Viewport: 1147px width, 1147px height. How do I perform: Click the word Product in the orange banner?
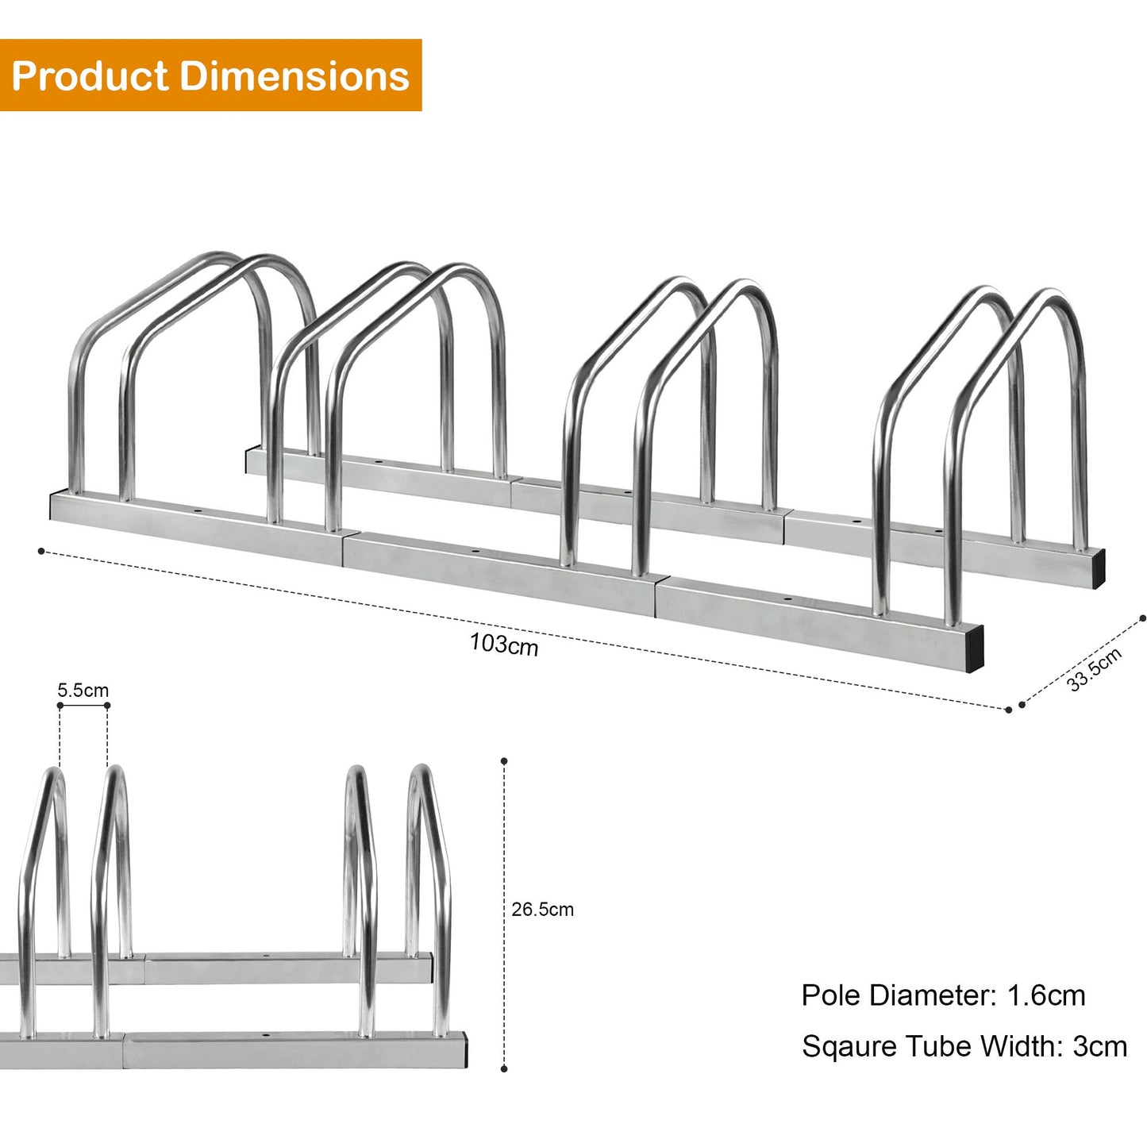point(90,76)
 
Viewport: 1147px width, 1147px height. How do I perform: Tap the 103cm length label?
point(503,644)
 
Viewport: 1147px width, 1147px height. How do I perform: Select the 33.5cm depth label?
point(1094,669)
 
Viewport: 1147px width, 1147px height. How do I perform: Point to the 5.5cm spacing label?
point(83,690)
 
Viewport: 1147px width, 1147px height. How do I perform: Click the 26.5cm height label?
point(542,910)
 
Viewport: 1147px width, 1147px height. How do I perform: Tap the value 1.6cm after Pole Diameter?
point(1046,995)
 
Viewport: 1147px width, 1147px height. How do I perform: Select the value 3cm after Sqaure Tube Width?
point(1099,1046)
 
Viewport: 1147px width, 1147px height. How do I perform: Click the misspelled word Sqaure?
point(850,1047)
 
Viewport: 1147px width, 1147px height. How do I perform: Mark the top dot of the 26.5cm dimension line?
point(504,761)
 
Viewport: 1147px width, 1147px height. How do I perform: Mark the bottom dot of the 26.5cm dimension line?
point(504,1069)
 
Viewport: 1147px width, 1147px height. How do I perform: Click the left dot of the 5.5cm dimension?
point(60,705)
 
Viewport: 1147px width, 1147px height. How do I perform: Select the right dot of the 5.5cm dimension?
point(107,705)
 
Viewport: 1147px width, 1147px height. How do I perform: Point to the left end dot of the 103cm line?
point(41,550)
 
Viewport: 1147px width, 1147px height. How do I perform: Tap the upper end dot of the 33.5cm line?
point(1142,618)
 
